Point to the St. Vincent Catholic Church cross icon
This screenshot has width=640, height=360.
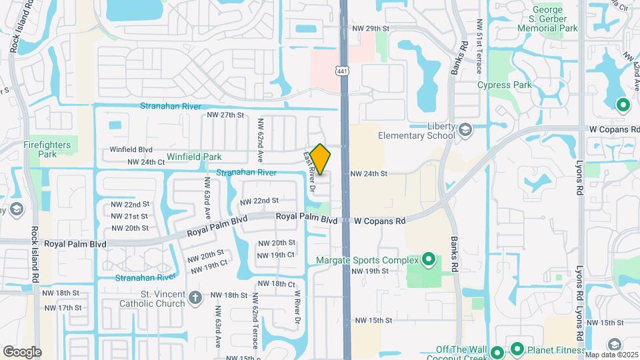point(195,297)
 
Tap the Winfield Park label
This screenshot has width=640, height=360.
point(194,157)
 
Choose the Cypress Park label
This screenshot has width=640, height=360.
point(504,85)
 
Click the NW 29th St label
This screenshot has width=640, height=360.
point(370,29)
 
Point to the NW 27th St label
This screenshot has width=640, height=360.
point(227,115)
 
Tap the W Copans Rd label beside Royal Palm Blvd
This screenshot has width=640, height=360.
point(379,221)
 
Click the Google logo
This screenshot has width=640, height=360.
point(22,352)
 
